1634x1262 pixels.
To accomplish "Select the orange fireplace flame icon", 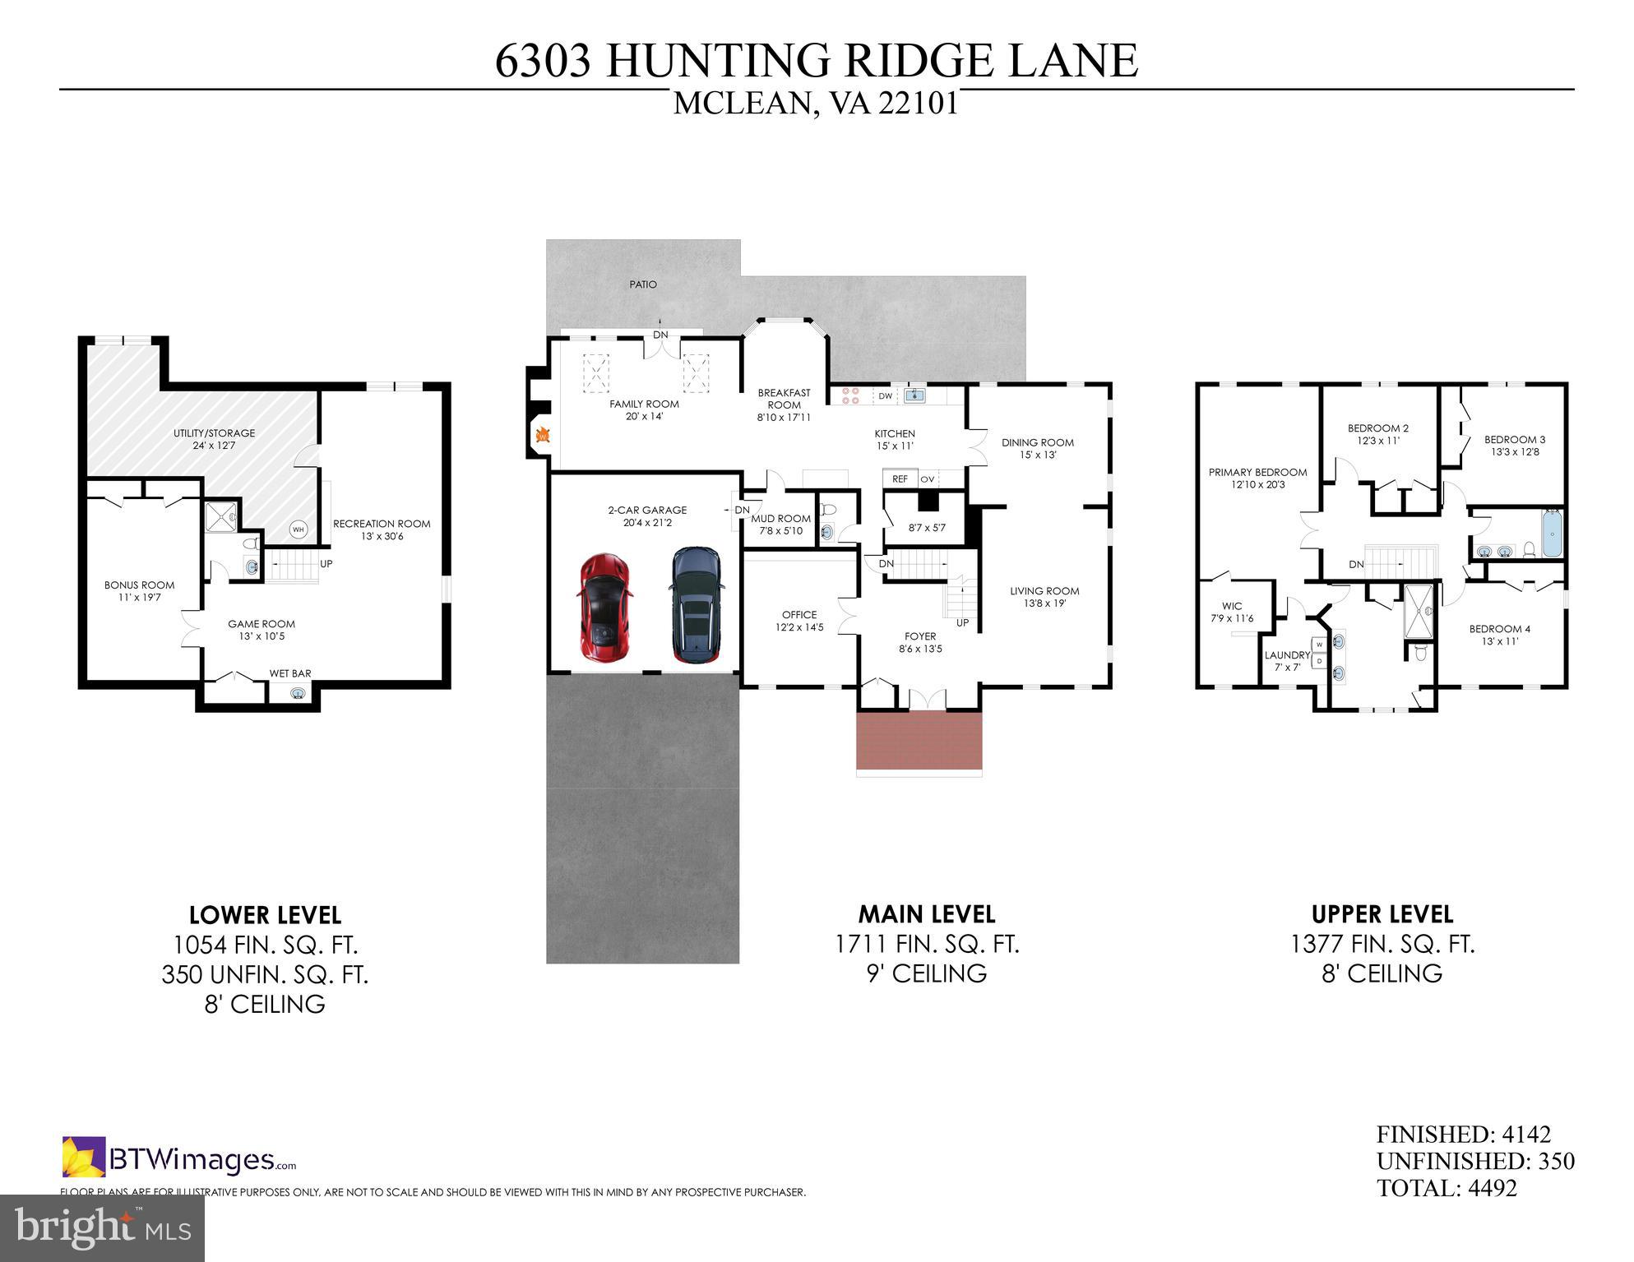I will pyautogui.click(x=543, y=435).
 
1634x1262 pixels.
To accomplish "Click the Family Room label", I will pyautogui.click(x=644, y=404).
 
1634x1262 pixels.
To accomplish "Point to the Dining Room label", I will pyautogui.click(x=1038, y=443).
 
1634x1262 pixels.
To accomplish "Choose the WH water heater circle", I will pyautogui.click(x=299, y=529).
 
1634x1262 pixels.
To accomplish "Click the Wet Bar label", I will pyautogui.click(x=290, y=673).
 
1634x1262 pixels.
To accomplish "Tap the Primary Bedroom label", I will pyautogui.click(x=1257, y=473).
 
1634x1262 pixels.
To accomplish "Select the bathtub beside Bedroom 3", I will pyautogui.click(x=1551, y=533).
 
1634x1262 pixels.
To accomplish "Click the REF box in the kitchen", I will pyautogui.click(x=900, y=478).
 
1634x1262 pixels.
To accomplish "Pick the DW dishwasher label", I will pyautogui.click(x=885, y=396).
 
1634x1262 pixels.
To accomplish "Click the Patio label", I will pyautogui.click(x=643, y=284).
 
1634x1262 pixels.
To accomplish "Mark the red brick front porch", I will pyautogui.click(x=919, y=740).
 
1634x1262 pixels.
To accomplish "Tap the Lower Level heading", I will pyautogui.click(x=265, y=915).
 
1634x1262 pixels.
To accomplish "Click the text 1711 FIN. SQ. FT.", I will pyautogui.click(x=927, y=944).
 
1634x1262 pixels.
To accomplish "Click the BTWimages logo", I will pyautogui.click(x=179, y=1158).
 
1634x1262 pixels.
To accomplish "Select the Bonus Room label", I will pyautogui.click(x=139, y=585).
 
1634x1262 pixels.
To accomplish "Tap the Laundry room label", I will pyautogui.click(x=1287, y=655).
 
